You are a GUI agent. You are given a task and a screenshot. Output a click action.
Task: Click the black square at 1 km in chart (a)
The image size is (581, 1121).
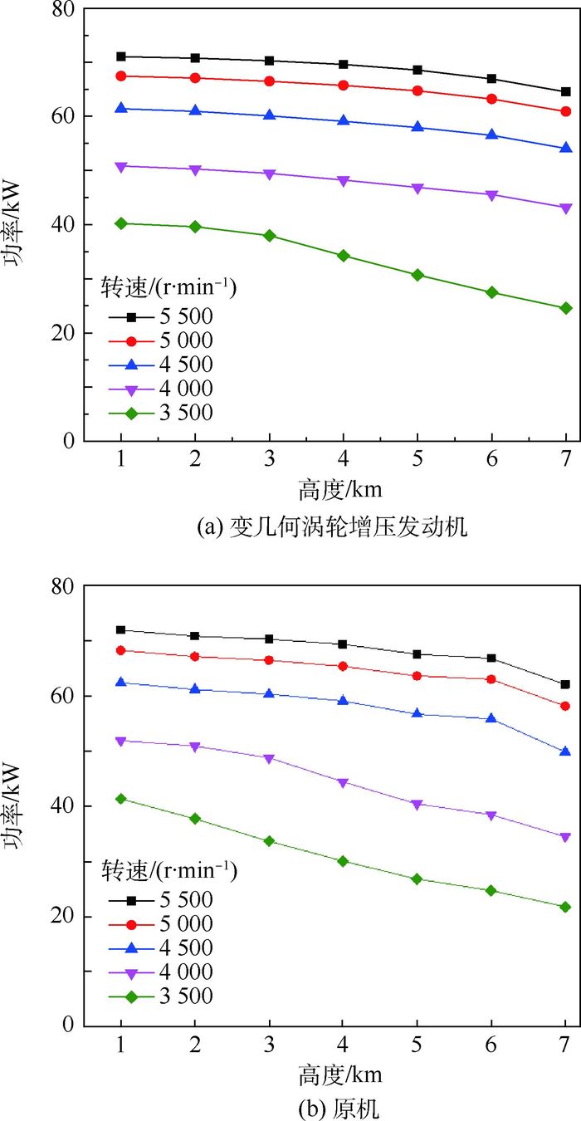coord(121,56)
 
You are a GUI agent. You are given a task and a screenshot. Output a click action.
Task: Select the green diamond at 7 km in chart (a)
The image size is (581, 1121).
coord(566,308)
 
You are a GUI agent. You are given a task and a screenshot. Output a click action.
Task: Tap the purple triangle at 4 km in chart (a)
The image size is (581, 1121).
coord(344,180)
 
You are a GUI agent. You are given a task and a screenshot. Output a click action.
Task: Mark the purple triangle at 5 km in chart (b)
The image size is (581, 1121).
coord(417,804)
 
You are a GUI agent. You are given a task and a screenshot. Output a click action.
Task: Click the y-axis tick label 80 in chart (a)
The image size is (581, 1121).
coord(65,9)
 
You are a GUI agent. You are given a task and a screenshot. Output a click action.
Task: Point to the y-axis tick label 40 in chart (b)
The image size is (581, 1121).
coord(65,806)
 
